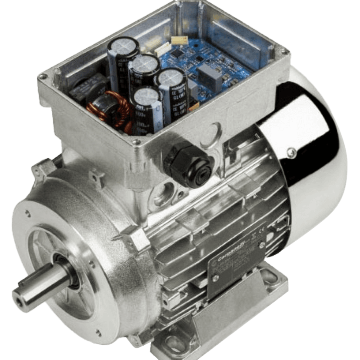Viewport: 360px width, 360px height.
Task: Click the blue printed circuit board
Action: (209, 65)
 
